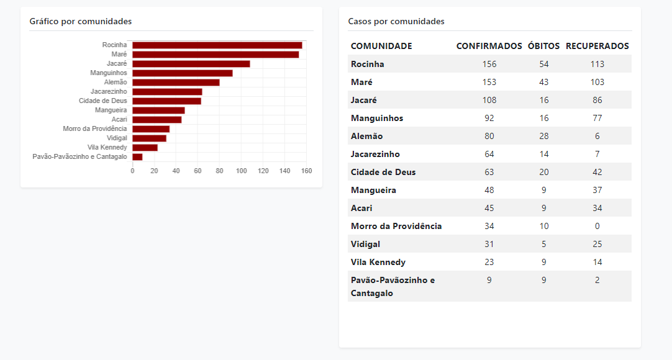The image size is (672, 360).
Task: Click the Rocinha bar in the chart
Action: coord(217,45)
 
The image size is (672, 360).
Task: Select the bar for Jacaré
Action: coord(191,64)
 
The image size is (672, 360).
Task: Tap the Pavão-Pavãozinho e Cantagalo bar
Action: coord(137,157)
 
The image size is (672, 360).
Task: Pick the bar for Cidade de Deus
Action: coord(166,101)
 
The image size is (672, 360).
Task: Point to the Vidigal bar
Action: coord(149,138)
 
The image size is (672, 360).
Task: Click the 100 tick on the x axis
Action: coord(241,171)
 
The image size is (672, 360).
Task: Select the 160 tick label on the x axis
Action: coord(306,171)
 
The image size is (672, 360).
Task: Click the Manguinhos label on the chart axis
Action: coord(109,73)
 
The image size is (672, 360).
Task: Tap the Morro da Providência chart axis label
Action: coord(95,129)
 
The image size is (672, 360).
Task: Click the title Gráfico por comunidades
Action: coord(81,22)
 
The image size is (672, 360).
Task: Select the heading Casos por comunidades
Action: coord(396,22)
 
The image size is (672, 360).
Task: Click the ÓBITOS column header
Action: coord(543,46)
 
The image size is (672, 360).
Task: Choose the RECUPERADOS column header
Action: coord(597,46)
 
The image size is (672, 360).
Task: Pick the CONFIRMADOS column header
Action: coord(489,46)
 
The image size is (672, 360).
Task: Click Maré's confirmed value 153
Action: coord(489,82)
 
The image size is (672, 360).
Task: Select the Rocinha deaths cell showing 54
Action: coord(544,64)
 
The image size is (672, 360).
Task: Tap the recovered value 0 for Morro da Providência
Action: coord(597,226)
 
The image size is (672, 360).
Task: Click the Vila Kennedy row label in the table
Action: coord(378,262)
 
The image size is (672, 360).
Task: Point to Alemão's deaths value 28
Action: coord(544,136)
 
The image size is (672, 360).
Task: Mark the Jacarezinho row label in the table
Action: coord(375,154)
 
